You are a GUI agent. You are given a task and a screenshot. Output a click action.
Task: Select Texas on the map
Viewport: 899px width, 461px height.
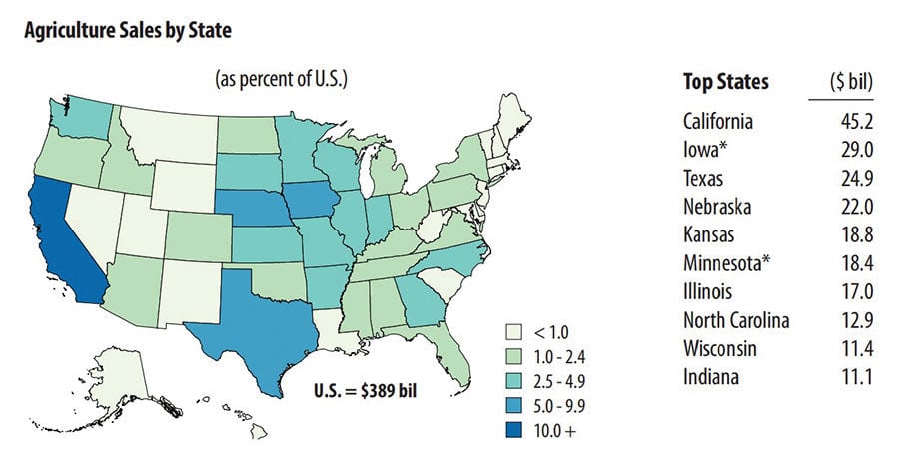[262, 317]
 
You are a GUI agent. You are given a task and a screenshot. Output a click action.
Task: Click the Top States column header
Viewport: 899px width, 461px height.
[726, 82]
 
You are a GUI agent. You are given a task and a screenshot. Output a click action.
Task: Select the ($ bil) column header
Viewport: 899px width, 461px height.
[852, 82]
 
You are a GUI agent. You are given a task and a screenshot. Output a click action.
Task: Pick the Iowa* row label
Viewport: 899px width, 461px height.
[705, 151]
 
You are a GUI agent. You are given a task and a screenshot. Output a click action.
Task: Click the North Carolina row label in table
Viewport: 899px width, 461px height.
[736, 320]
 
